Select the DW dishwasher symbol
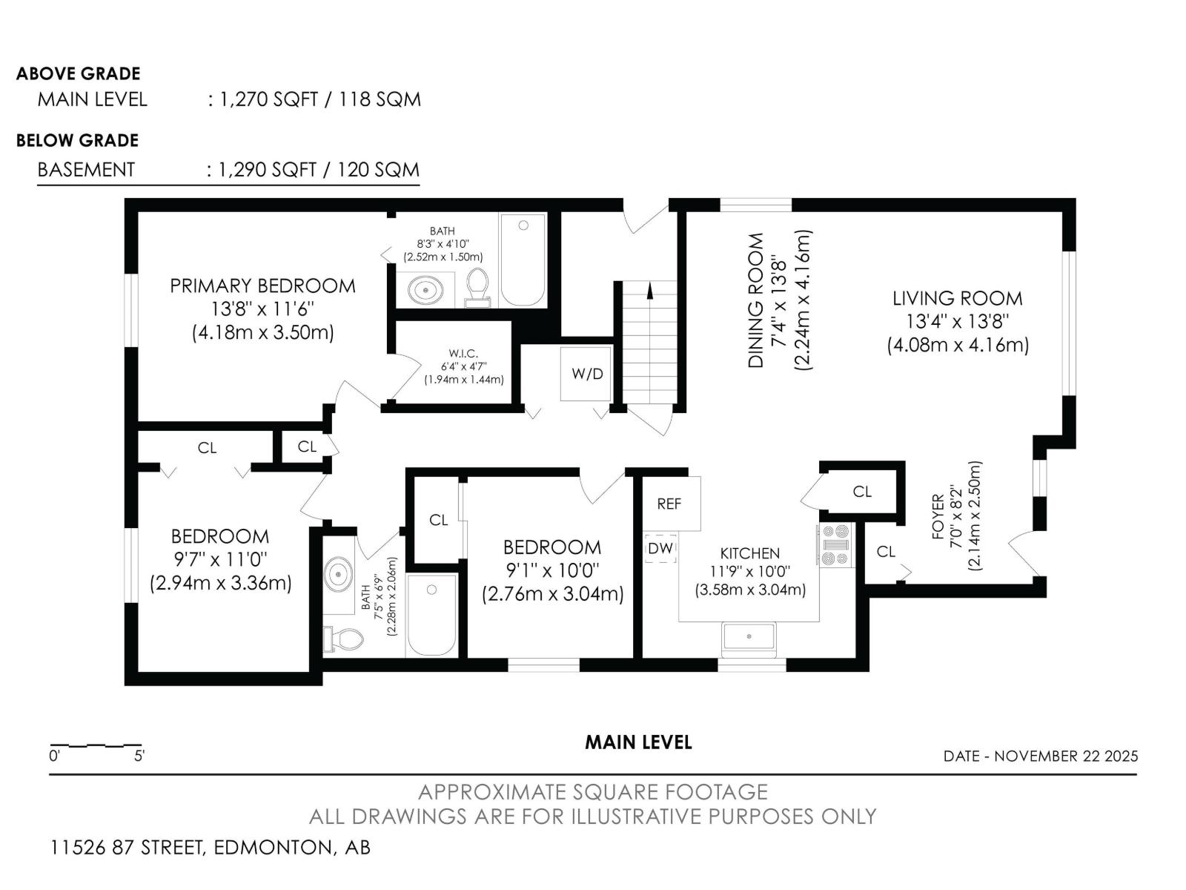click(x=660, y=549)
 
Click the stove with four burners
click(x=836, y=544)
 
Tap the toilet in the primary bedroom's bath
click(x=477, y=288)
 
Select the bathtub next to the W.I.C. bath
click(x=523, y=260)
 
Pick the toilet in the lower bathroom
click(x=342, y=639)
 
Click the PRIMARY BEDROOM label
click(x=262, y=286)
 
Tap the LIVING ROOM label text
click(x=957, y=298)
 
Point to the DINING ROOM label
click(x=755, y=300)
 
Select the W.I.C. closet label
click(x=463, y=354)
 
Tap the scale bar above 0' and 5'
click(x=96, y=745)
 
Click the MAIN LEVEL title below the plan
click(x=638, y=742)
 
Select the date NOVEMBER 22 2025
click(x=1065, y=756)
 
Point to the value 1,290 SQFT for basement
click(x=267, y=170)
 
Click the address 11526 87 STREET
click(x=127, y=847)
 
